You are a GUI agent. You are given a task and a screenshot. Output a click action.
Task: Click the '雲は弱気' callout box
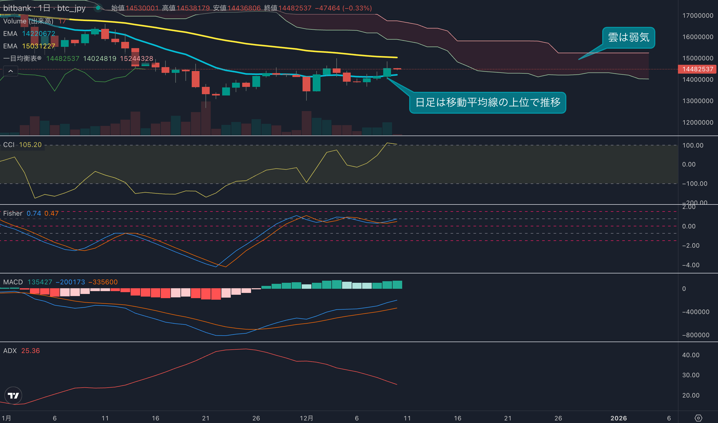click(628, 37)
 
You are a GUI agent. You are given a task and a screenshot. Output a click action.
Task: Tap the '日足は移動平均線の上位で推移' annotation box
click(488, 102)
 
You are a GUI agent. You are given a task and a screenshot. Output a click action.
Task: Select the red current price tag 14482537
click(697, 69)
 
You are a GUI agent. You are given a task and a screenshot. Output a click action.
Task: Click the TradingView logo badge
click(13, 395)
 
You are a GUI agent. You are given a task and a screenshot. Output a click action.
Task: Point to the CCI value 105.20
click(30, 145)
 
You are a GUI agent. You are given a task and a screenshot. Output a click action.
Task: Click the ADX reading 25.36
click(30, 351)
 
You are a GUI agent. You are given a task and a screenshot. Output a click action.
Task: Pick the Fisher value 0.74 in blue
click(34, 213)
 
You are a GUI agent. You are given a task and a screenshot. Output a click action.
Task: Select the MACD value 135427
click(40, 282)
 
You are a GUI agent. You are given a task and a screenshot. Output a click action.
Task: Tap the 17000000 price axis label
click(697, 16)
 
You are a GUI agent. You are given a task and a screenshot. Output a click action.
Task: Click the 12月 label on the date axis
click(306, 418)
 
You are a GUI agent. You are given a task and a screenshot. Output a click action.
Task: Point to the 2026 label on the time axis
click(618, 418)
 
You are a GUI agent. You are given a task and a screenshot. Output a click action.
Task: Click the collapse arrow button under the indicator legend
click(11, 71)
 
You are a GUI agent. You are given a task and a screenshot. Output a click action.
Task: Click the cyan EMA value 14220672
click(39, 34)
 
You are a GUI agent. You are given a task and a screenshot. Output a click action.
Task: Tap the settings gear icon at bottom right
click(698, 418)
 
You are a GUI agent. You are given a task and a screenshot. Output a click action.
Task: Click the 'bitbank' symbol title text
click(17, 8)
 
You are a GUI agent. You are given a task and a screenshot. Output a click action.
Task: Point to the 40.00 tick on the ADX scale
click(691, 355)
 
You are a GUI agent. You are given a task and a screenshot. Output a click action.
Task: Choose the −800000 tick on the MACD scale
click(695, 335)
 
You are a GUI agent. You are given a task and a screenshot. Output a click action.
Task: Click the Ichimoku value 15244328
click(136, 59)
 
